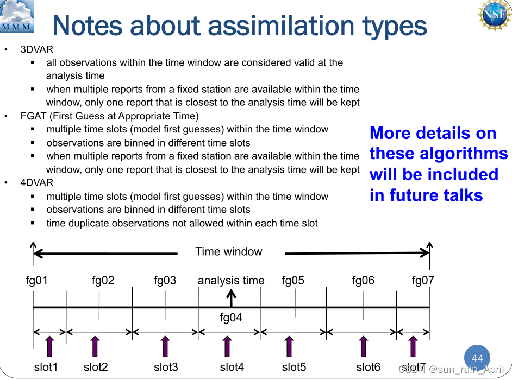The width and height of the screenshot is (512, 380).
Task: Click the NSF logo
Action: (x=495, y=15)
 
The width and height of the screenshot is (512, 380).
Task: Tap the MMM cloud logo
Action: (x=17, y=16)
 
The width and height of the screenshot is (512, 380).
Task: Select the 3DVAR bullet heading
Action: (x=36, y=49)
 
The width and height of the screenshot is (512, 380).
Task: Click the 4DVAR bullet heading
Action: (x=36, y=182)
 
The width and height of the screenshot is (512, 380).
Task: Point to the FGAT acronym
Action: (x=33, y=116)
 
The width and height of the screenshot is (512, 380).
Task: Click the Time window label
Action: (x=229, y=251)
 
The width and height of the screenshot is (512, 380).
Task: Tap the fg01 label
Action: (x=36, y=280)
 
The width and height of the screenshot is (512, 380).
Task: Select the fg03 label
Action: (x=165, y=280)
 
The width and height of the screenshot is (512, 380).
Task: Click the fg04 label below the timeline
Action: (x=231, y=318)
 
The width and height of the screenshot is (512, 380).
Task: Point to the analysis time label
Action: (x=231, y=281)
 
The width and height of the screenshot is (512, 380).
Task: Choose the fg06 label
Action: (x=363, y=280)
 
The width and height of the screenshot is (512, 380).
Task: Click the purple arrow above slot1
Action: (x=49, y=346)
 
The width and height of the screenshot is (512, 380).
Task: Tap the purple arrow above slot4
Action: (x=227, y=346)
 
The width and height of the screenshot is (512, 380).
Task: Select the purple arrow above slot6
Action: (x=363, y=346)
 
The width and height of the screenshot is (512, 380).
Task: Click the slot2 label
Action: (x=96, y=367)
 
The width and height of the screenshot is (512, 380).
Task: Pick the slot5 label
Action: (x=294, y=367)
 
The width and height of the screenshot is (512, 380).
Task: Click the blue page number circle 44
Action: (x=477, y=358)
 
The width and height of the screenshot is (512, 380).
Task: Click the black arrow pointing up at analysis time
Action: (x=231, y=298)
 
